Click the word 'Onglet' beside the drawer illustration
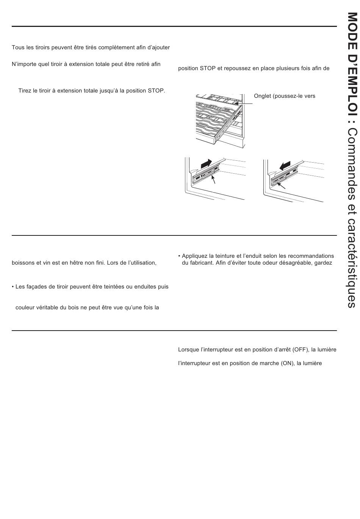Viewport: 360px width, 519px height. point(262,96)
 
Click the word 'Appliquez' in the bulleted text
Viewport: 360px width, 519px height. point(194,256)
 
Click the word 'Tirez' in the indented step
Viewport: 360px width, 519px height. point(25,91)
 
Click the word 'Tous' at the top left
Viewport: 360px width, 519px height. point(18,47)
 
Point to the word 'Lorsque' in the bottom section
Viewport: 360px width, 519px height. point(188,350)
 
